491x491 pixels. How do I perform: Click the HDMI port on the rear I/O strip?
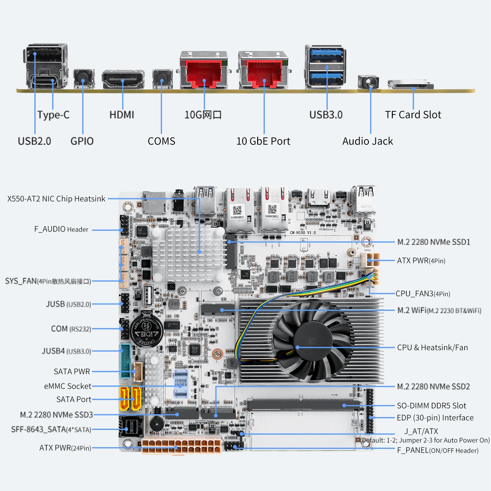point(123,79)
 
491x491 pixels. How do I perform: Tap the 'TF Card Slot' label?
point(413,115)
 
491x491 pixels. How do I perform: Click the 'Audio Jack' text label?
point(367,141)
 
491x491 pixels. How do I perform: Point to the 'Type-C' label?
point(53,115)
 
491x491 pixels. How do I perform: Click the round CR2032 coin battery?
point(146,330)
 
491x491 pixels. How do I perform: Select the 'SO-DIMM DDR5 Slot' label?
point(431,406)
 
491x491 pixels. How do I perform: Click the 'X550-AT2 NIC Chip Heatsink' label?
point(56,199)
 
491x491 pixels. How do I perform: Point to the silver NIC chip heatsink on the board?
point(187,253)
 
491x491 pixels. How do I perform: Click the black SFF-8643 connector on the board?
point(130,426)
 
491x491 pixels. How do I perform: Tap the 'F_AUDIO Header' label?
point(61,229)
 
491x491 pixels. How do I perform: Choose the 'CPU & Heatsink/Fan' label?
point(432,348)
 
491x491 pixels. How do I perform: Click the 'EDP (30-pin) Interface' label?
point(435,418)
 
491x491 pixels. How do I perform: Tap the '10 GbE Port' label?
point(263,141)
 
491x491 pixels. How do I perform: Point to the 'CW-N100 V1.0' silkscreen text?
point(303,233)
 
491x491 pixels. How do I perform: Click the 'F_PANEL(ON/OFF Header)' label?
point(438,450)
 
